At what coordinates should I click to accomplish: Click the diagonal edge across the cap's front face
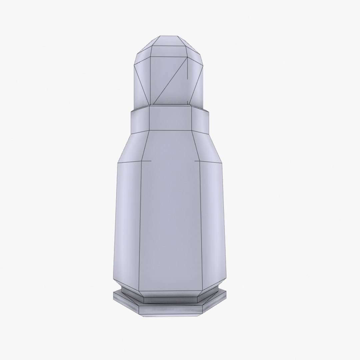[x=170, y=82]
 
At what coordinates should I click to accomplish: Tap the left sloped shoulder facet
[x=133, y=148]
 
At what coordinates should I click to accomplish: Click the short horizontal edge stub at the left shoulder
[x=147, y=161]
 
